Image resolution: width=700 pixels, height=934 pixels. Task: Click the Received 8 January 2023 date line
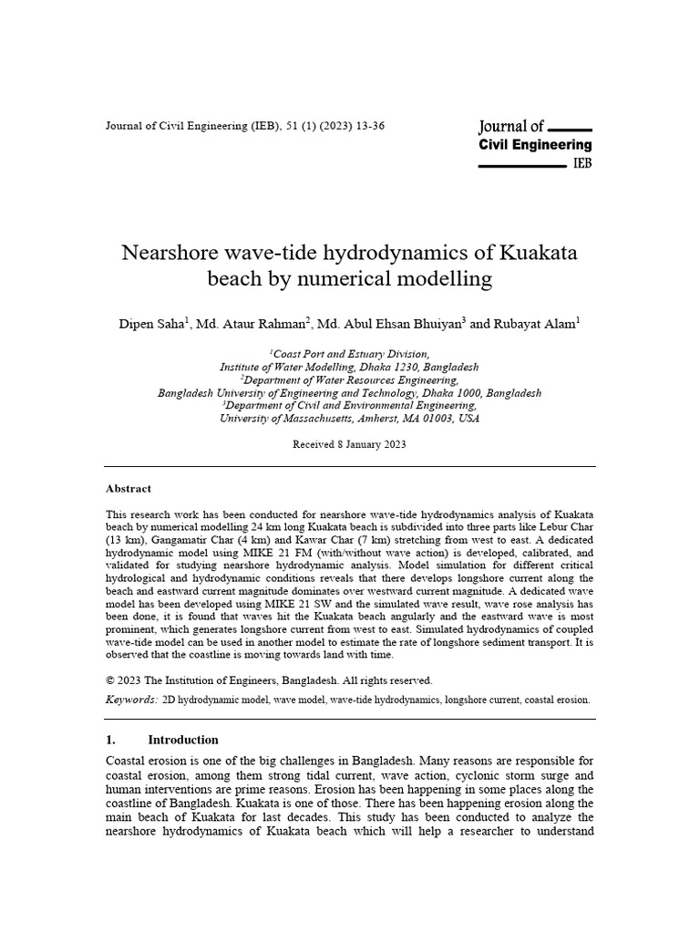tap(349, 444)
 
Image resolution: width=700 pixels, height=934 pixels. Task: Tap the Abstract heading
tap(129, 489)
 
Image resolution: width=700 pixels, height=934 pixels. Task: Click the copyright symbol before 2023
tap(111, 680)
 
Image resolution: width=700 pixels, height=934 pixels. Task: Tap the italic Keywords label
tap(131, 700)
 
